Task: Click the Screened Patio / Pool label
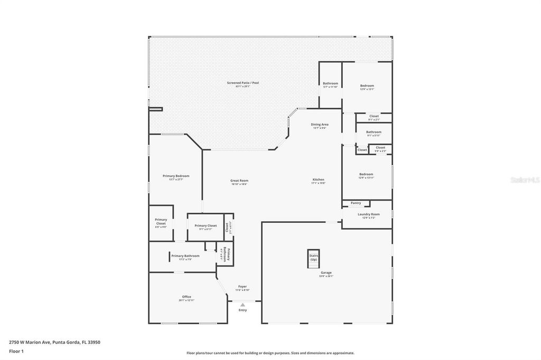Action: [x=243, y=83]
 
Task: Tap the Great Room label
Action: [x=239, y=181]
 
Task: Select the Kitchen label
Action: [x=318, y=180]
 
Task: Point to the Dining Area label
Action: [x=320, y=125]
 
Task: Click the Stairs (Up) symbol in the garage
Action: [x=313, y=257]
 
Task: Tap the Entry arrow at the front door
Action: [x=242, y=305]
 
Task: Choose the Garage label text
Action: [x=326, y=273]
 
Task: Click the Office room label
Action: [x=186, y=297]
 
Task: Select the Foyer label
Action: [x=242, y=287]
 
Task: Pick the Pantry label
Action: [x=356, y=203]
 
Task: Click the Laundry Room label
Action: [x=368, y=214]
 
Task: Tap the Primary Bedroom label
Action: [x=176, y=176]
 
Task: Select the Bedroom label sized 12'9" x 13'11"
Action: [x=366, y=175]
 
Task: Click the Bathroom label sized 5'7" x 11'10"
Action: [x=330, y=84]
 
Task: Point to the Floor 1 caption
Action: [x=16, y=351]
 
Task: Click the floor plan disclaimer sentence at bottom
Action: [x=270, y=353]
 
